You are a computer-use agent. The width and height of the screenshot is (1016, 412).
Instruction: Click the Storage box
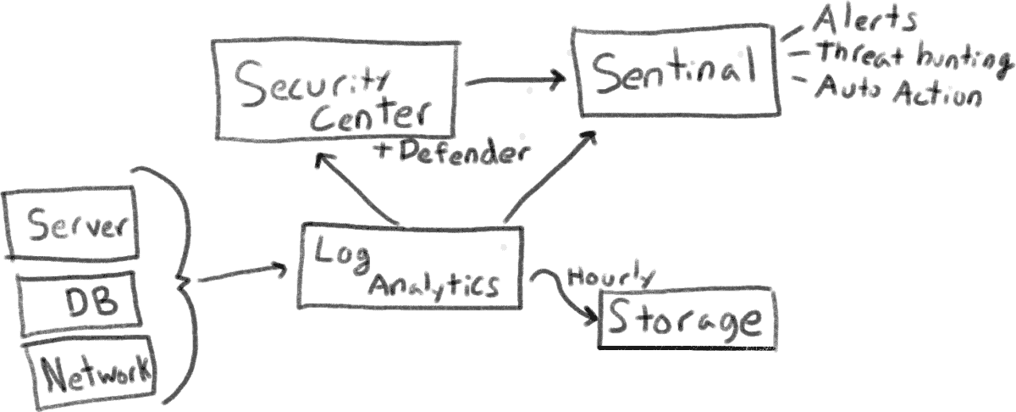coord(686,321)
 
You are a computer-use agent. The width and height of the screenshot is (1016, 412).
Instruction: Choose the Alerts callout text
coord(864,19)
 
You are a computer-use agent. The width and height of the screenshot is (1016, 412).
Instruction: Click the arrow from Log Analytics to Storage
coord(567,297)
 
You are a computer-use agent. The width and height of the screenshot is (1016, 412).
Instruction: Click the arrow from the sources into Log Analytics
coord(241,275)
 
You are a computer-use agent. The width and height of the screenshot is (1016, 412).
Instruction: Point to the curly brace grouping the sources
coord(178,280)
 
